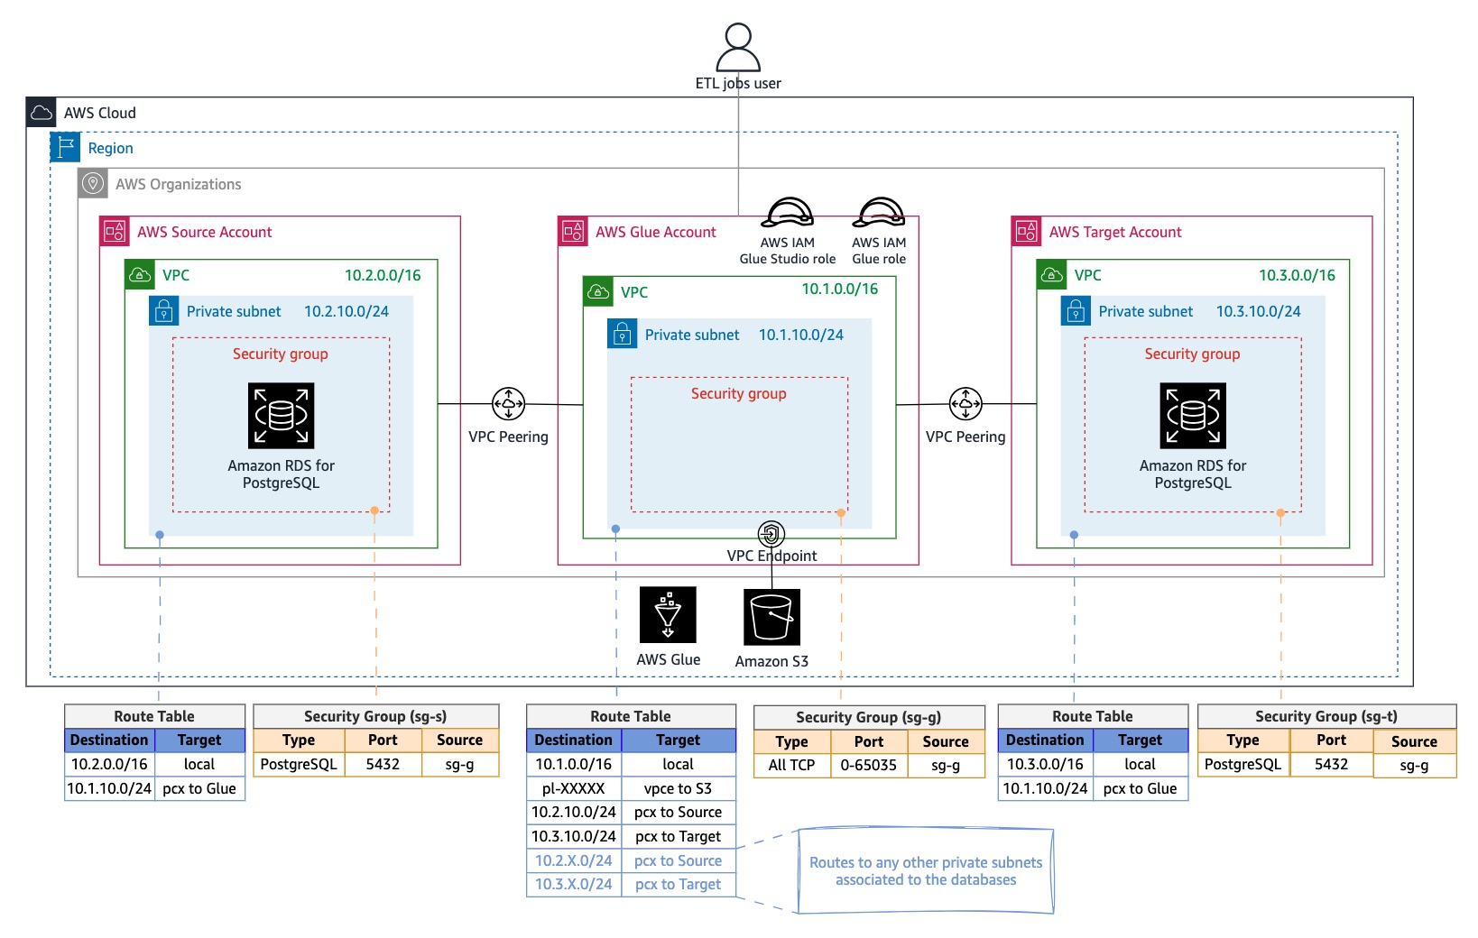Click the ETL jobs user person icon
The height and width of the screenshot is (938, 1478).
coord(738,47)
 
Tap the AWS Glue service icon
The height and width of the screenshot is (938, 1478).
coord(668,614)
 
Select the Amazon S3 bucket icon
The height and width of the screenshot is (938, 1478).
coord(771,617)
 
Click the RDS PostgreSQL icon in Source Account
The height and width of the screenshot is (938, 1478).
coord(282,415)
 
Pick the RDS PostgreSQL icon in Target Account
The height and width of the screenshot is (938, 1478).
coord(1193,415)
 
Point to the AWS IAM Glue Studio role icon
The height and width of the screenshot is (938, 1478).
coord(788,214)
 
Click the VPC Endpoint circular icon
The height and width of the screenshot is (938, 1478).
coord(771,534)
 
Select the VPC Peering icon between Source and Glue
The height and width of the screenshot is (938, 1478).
coord(509,404)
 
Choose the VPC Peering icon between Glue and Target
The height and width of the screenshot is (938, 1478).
coord(965,404)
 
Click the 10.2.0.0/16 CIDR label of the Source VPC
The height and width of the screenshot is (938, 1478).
coord(383,275)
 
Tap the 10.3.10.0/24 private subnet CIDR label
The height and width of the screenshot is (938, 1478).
coord(1258,311)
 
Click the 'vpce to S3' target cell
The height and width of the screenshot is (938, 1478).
coord(678,788)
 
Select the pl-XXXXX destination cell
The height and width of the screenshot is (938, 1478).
coord(574,788)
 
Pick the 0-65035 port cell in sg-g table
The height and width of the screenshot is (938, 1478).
coord(868,765)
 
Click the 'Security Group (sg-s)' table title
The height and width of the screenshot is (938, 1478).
coord(375,716)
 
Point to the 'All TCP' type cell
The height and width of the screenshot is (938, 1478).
coord(791,765)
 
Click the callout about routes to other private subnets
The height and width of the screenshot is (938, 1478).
coord(926,871)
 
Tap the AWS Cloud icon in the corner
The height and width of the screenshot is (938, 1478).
coord(42,113)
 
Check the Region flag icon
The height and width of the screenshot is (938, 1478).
coord(65,147)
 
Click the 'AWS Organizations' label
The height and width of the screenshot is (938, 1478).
coord(179,184)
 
